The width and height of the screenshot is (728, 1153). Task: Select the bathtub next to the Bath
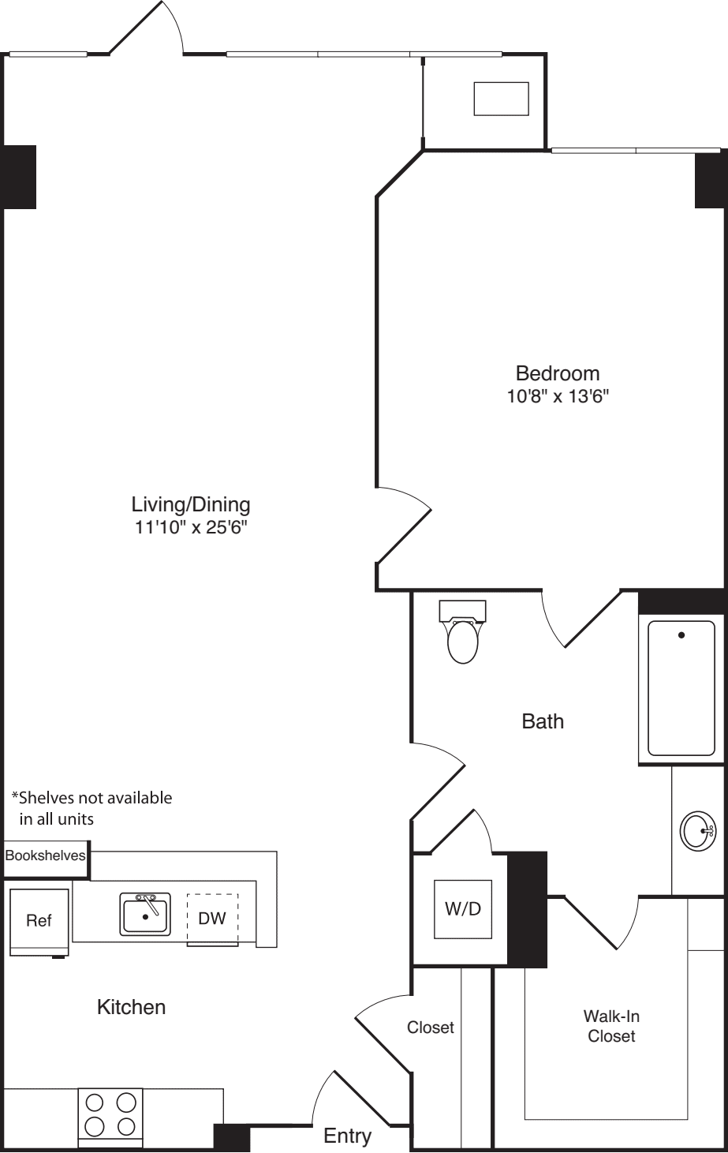(x=681, y=687)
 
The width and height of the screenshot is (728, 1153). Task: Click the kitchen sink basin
(x=145, y=915)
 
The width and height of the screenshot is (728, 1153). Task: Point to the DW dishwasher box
(x=212, y=918)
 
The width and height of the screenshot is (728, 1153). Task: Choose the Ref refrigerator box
(x=39, y=921)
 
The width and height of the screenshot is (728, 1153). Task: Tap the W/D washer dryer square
(x=463, y=908)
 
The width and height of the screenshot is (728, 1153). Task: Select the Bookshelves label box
(x=45, y=855)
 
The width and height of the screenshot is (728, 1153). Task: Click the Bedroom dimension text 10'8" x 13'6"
(x=558, y=396)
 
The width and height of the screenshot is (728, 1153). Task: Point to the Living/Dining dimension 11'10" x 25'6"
(x=191, y=527)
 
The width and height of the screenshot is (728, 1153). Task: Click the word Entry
(x=348, y=1136)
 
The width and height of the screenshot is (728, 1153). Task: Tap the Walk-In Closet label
(x=611, y=1026)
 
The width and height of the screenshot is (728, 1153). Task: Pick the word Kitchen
(x=131, y=1007)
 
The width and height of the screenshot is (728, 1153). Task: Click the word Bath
(x=543, y=721)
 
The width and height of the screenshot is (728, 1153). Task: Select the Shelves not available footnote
(x=91, y=808)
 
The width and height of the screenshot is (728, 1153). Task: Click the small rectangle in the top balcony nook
(x=501, y=99)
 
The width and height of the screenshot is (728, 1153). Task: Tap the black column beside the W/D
(x=527, y=909)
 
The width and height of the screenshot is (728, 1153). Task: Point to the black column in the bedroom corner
(x=710, y=180)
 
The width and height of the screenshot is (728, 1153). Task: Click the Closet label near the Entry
(x=431, y=1028)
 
